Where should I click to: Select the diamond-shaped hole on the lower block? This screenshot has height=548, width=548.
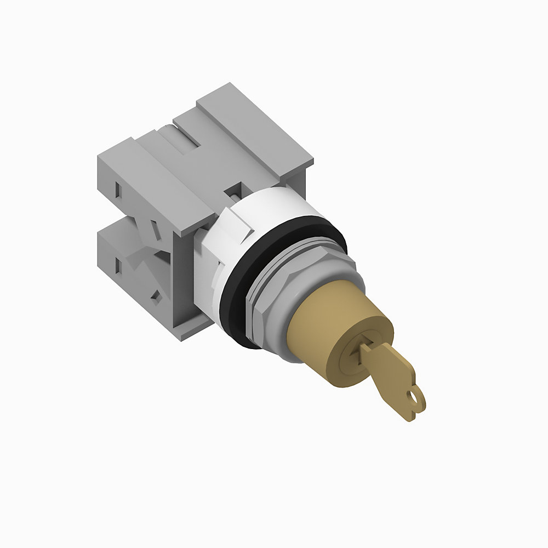[156, 295]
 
